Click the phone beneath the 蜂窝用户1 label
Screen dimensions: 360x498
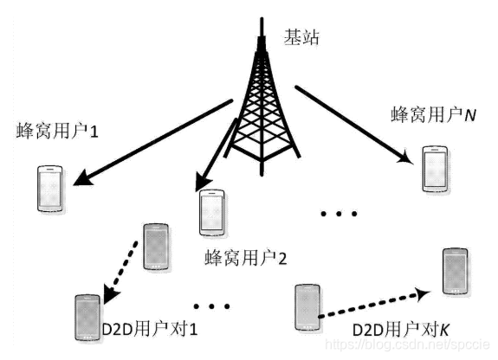pyautogui.click(x=50, y=190)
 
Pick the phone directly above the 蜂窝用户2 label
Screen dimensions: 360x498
pyautogui.click(x=211, y=212)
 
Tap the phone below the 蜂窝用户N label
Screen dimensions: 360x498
pyautogui.click(x=432, y=169)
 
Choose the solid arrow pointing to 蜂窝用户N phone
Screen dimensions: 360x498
pyautogui.click(x=351, y=122)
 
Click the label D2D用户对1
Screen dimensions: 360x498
pyautogui.click(x=151, y=331)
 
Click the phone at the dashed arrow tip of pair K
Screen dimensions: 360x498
pyautogui.click(x=454, y=271)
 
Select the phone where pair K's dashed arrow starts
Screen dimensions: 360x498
pyautogui.click(x=307, y=305)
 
